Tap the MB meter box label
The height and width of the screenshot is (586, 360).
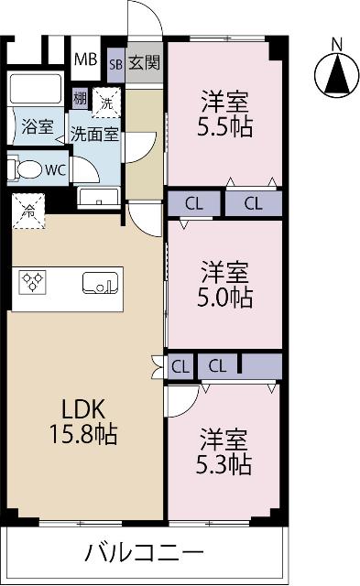point(85,59)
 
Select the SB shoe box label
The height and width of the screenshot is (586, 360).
point(116,64)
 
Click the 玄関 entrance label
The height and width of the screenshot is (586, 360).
point(145,63)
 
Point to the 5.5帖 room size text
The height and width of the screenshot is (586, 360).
point(224,127)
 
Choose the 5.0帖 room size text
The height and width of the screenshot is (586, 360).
point(224,298)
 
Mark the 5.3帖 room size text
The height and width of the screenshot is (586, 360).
point(224,464)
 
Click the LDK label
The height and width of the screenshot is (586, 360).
point(83,409)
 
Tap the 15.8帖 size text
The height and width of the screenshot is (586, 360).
point(83,434)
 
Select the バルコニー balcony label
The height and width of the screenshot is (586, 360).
point(145,552)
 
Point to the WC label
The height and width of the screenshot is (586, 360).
point(55,170)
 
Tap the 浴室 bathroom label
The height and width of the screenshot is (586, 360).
point(38,126)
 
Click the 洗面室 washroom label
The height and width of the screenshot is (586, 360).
point(95,135)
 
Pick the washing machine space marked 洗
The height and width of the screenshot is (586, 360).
point(106,103)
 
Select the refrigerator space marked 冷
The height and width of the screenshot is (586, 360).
point(28,212)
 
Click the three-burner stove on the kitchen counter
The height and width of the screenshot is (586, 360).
point(33,282)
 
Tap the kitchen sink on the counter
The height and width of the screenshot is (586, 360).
point(100,283)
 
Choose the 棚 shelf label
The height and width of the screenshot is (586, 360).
point(80,99)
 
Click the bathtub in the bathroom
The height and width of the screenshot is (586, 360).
point(36,89)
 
